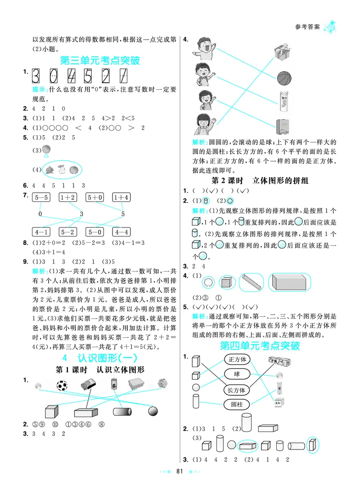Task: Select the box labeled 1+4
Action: click(x=121, y=197)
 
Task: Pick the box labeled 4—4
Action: click(x=121, y=232)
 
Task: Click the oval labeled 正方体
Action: click(x=237, y=359)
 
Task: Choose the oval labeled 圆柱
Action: click(x=237, y=404)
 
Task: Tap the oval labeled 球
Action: click(x=237, y=374)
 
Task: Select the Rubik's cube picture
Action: click(x=163, y=384)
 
